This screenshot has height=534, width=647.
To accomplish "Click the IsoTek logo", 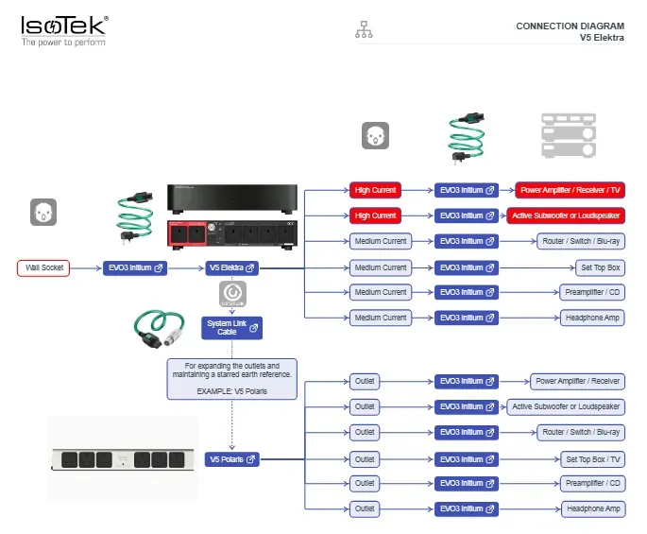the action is [x=65, y=30].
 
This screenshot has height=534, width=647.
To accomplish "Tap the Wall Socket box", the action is [x=43, y=267].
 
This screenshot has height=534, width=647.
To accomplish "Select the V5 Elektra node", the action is [x=232, y=268].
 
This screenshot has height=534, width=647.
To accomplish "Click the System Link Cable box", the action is [x=232, y=328].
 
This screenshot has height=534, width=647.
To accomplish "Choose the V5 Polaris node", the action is [x=232, y=459].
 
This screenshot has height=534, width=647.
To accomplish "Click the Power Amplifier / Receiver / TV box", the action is [x=570, y=190].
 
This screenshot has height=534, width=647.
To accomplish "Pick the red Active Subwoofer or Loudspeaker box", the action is [x=566, y=215].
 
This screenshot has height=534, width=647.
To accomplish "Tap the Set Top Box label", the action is [x=601, y=267].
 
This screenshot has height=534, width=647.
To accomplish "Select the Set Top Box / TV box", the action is [x=592, y=459].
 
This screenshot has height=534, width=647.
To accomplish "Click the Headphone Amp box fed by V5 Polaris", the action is [x=593, y=508].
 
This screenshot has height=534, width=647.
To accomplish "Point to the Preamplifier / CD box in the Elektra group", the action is [x=592, y=292].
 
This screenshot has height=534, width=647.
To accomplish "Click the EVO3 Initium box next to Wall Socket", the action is [x=135, y=268].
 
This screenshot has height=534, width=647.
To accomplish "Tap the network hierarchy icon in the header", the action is [x=364, y=29].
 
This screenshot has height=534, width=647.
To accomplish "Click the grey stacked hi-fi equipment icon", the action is [x=569, y=135].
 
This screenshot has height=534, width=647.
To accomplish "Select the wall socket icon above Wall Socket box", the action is [x=43, y=213].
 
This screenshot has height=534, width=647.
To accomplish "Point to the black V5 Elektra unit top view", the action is [x=232, y=198].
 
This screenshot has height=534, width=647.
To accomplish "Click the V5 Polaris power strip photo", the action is [x=123, y=459].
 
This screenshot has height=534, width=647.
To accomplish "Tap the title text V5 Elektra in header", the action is [x=602, y=38].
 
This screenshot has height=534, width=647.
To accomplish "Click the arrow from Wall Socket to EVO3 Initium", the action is [x=86, y=268].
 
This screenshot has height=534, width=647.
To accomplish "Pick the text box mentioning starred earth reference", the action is [x=232, y=379].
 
